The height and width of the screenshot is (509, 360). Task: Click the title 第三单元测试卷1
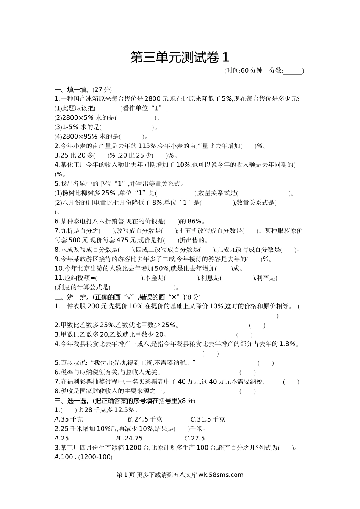(180, 58)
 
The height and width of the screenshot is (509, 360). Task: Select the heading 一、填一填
(72, 90)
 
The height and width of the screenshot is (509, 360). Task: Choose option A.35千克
(69, 419)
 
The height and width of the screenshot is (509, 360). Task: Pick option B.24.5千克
(145, 419)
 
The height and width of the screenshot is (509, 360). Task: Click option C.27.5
(194, 438)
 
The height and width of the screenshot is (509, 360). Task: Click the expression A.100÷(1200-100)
(84, 457)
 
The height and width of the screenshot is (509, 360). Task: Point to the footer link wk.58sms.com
(221, 475)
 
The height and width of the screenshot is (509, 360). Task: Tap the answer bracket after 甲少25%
(257, 325)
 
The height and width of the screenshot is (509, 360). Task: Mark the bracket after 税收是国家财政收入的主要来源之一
(247, 391)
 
